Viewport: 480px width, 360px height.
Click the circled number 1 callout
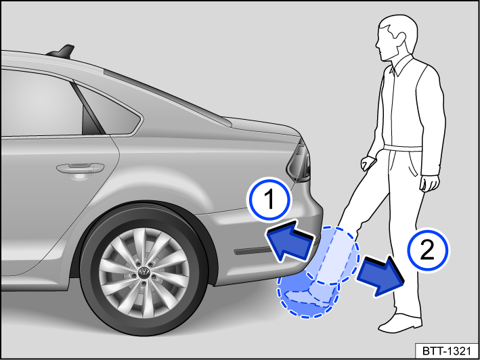pyautogui.click(x=269, y=201)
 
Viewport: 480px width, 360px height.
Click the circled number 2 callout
pyautogui.click(x=427, y=251)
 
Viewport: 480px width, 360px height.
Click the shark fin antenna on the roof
pyautogui.click(x=66, y=51)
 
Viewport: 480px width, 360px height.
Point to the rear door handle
pyautogui.click(x=79, y=166)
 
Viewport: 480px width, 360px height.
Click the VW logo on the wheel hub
pyautogui.click(x=144, y=273)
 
